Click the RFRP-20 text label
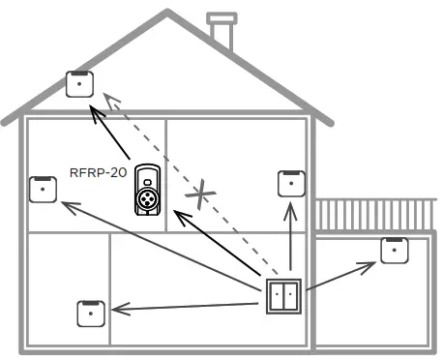click(x=97, y=174)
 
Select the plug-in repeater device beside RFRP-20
click(x=148, y=191)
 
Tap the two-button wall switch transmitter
click(x=283, y=297)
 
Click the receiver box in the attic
click(x=77, y=84)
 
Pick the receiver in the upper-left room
click(x=42, y=189)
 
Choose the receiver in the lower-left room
click(x=90, y=314)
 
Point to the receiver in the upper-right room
click(x=292, y=184)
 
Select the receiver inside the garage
click(x=393, y=250)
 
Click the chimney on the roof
click(x=222, y=31)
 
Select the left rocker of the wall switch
click(x=278, y=297)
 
